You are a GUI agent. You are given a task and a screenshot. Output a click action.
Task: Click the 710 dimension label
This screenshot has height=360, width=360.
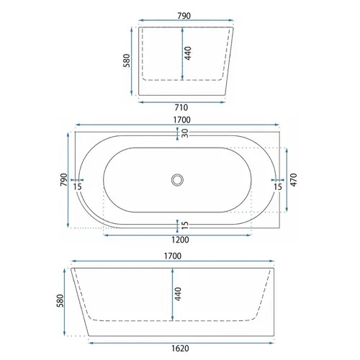(x=181, y=107)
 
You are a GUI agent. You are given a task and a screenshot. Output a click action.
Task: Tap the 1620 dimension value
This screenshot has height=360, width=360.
(x=180, y=348)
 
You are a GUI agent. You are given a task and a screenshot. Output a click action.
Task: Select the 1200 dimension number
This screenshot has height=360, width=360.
(x=180, y=240)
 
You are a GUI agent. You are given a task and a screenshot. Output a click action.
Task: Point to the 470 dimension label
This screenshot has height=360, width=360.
(x=294, y=180)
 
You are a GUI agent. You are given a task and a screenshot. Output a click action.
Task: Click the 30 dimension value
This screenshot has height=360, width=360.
(x=185, y=133)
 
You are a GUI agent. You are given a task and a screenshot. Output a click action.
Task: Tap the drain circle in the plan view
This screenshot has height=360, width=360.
(x=177, y=180)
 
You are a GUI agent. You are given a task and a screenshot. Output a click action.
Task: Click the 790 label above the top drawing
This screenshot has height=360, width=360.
(x=184, y=16)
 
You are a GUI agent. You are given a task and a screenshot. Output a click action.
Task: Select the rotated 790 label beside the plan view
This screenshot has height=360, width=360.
(x=64, y=179)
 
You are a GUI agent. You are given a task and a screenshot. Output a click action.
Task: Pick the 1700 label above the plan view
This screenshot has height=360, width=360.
(x=182, y=120)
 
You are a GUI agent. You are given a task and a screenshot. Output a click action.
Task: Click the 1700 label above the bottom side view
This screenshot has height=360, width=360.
(x=173, y=256)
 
